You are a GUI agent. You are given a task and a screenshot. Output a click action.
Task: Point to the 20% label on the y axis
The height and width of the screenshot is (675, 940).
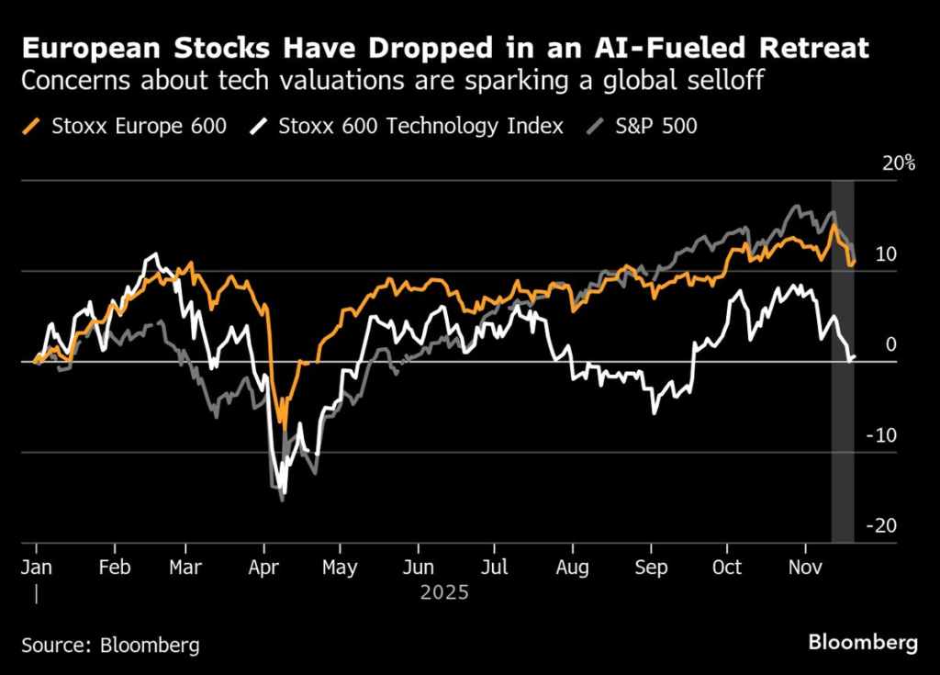pyautogui.click(x=897, y=163)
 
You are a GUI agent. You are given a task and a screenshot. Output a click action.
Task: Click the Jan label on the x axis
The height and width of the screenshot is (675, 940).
pyautogui.click(x=37, y=567)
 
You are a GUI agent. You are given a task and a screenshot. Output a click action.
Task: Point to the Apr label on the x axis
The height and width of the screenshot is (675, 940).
pyautogui.click(x=263, y=567)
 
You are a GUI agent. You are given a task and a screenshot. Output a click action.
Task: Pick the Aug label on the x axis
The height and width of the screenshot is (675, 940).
pyautogui.click(x=572, y=567)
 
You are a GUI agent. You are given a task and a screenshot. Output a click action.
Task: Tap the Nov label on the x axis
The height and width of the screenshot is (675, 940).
pyautogui.click(x=805, y=567)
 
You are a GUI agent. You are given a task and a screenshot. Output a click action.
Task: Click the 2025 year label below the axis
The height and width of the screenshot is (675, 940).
pyautogui.click(x=444, y=593)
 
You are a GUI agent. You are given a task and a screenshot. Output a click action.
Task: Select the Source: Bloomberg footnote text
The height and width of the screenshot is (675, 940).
pyautogui.click(x=110, y=645)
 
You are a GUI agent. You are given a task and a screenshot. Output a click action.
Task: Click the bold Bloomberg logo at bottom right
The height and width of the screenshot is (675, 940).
pyautogui.click(x=862, y=643)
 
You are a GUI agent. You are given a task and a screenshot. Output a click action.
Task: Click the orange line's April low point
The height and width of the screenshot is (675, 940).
pyautogui.click(x=283, y=428)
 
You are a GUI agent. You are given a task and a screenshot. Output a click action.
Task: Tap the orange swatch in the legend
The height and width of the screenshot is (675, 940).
pyautogui.click(x=33, y=126)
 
